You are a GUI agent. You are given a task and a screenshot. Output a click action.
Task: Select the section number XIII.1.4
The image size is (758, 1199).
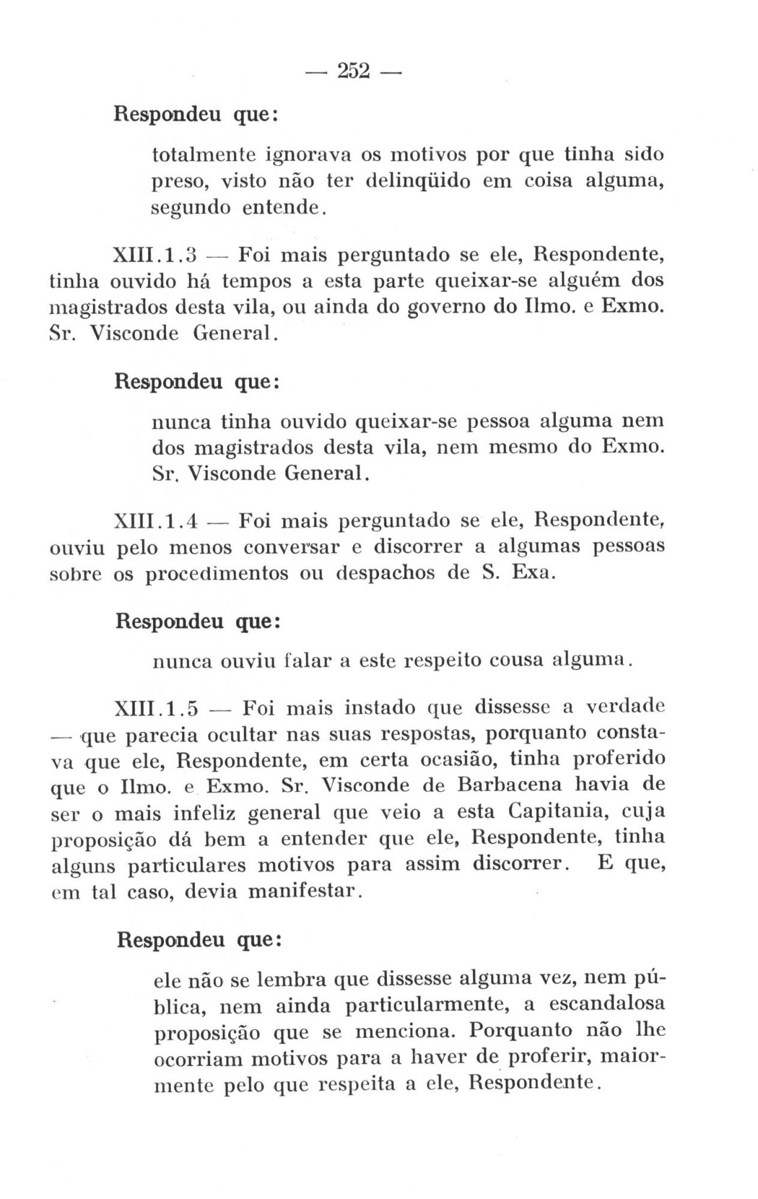[155, 522]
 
